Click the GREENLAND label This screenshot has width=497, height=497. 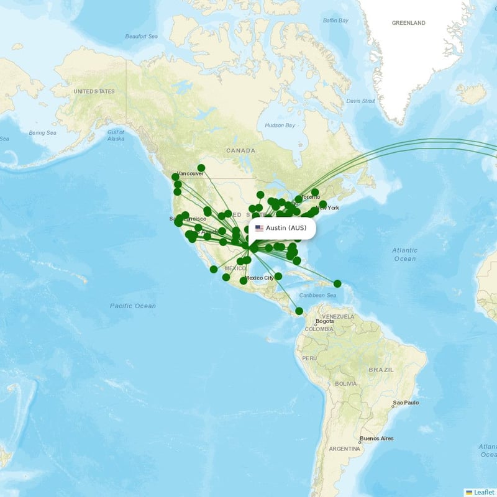click(408, 23)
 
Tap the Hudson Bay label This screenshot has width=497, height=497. click(280, 125)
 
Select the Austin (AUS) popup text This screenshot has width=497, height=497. click(286, 228)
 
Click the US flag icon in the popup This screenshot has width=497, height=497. click(259, 228)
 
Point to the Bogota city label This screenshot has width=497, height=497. click(324, 322)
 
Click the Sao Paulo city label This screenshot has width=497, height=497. click(406, 403)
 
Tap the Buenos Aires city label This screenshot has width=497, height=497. click(377, 439)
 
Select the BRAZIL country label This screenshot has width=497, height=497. click(381, 370)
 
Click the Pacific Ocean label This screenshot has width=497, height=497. click(133, 306)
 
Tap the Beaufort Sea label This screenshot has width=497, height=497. click(142, 37)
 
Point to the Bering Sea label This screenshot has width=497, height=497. click(42, 132)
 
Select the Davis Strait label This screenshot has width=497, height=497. click(360, 101)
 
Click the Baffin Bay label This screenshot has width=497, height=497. click(335, 21)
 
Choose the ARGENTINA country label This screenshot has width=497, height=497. click(344, 449)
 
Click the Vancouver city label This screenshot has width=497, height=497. click(190, 174)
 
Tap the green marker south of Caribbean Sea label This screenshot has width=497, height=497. click(299, 311)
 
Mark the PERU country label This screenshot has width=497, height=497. click(309, 358)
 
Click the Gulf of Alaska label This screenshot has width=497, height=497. click(116, 135)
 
